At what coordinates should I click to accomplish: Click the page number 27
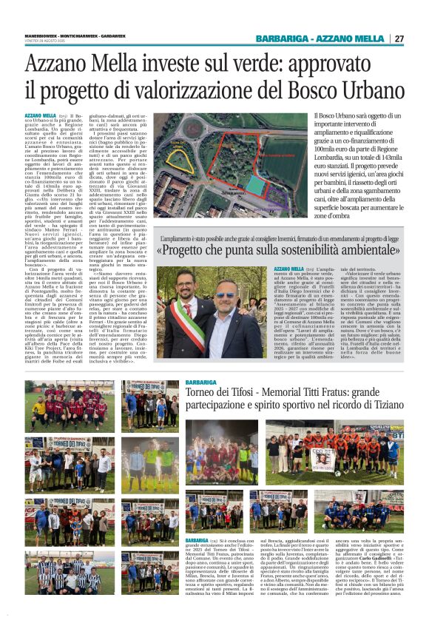(399, 38)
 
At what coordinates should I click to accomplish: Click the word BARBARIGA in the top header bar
(310, 38)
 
